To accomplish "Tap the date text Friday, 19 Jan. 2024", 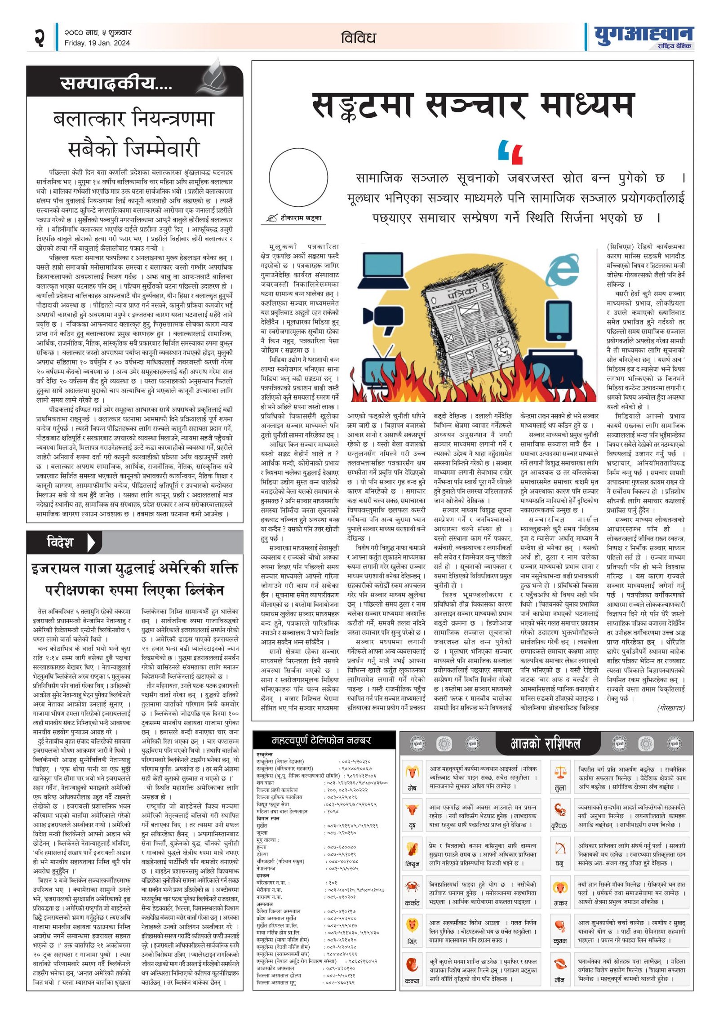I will (97, 43).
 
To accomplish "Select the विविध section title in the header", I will (358, 38).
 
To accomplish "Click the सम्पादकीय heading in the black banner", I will (116, 83).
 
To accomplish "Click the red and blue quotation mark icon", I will (510, 152).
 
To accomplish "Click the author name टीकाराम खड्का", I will (301, 218).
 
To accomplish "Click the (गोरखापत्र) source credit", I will (671, 708).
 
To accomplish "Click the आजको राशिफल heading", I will (545, 744).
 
